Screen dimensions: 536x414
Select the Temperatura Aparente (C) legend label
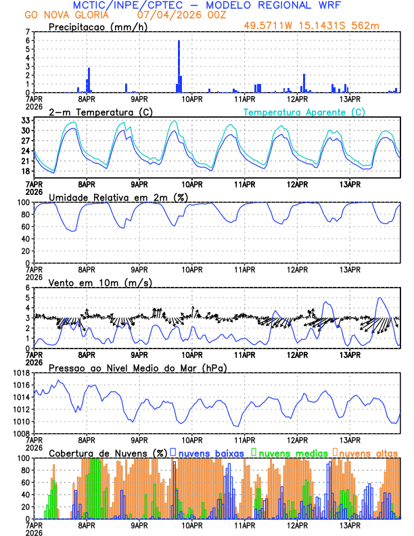(x=304, y=112)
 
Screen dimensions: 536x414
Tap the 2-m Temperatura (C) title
(x=100, y=112)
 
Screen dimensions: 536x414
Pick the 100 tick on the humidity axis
(x=23, y=202)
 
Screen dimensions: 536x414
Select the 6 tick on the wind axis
(x=27, y=288)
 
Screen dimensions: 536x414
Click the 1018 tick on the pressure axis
(x=20, y=373)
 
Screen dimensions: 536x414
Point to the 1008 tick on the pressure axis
(x=20, y=433)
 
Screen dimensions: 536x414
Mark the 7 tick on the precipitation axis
(x=27, y=32)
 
